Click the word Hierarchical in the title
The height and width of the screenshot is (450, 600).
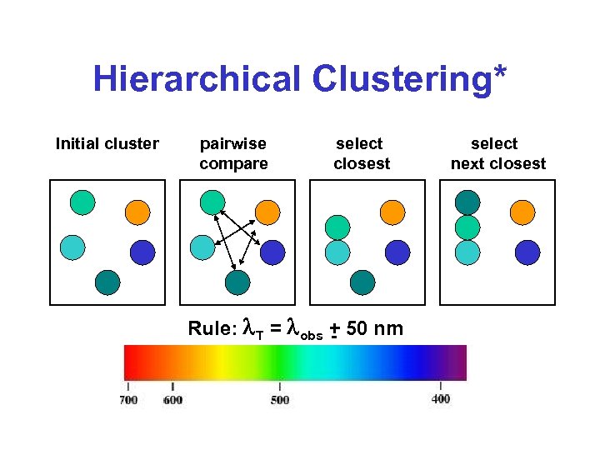pos(197,80)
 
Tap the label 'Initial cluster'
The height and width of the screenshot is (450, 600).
pos(107,144)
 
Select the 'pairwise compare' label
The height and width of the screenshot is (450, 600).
pos(233,153)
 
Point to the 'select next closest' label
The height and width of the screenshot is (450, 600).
pos(497,153)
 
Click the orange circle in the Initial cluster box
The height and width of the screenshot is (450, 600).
pos(137,212)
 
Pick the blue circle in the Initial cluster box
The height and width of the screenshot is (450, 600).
pos(143,252)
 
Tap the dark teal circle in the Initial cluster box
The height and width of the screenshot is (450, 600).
pos(107,282)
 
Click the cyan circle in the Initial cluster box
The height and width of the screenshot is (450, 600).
pos(72,247)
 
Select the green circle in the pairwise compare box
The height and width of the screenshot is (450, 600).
pos(212,202)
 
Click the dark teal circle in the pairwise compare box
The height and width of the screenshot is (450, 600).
pos(238,283)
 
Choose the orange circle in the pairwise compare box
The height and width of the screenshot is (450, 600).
pos(267,212)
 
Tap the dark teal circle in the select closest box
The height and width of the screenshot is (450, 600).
pos(362,282)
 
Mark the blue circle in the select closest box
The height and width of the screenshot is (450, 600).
pos(397,252)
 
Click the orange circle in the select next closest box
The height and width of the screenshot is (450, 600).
pos(522,212)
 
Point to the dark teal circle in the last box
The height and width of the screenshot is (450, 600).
pos(467,202)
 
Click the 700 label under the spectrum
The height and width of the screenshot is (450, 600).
pos(128,400)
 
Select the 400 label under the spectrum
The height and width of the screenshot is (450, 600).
pos(441,399)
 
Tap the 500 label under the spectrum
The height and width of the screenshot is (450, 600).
pos(280,400)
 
